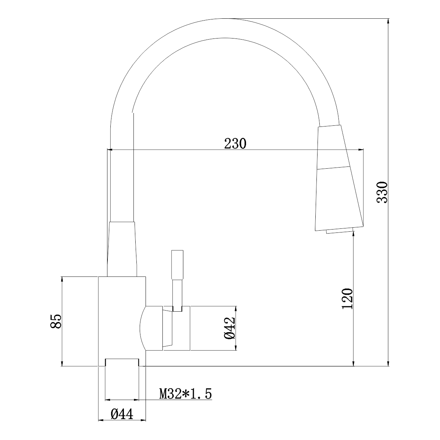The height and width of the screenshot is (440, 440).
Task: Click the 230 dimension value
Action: click(x=235, y=143)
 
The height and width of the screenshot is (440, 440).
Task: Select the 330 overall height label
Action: click(x=382, y=192)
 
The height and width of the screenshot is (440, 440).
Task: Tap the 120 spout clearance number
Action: click(x=347, y=299)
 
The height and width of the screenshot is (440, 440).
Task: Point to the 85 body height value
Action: click(x=56, y=322)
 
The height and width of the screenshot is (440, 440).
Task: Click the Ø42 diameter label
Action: click(x=230, y=328)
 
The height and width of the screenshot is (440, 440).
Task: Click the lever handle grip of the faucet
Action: click(x=177, y=265)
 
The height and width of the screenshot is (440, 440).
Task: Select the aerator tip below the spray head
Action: click(x=340, y=231)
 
